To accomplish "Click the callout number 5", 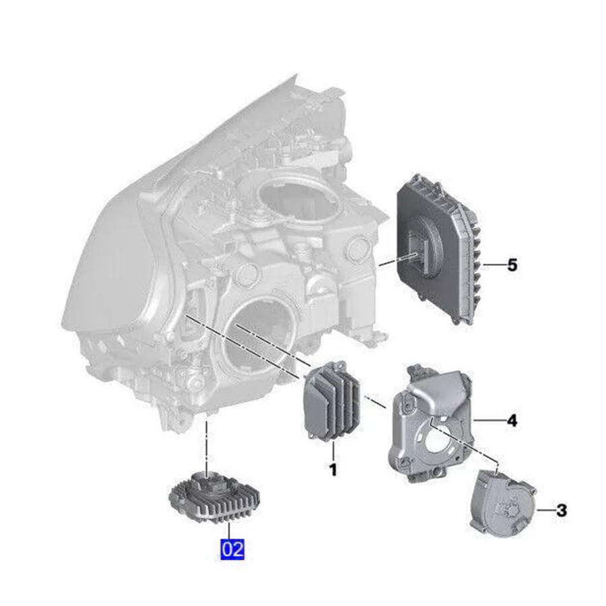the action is pos(512,265).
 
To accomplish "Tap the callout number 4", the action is pos(512,420).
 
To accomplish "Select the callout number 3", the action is pos(561,510).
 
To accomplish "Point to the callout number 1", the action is pos(333,469).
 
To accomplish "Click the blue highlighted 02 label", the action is pos(232,549).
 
